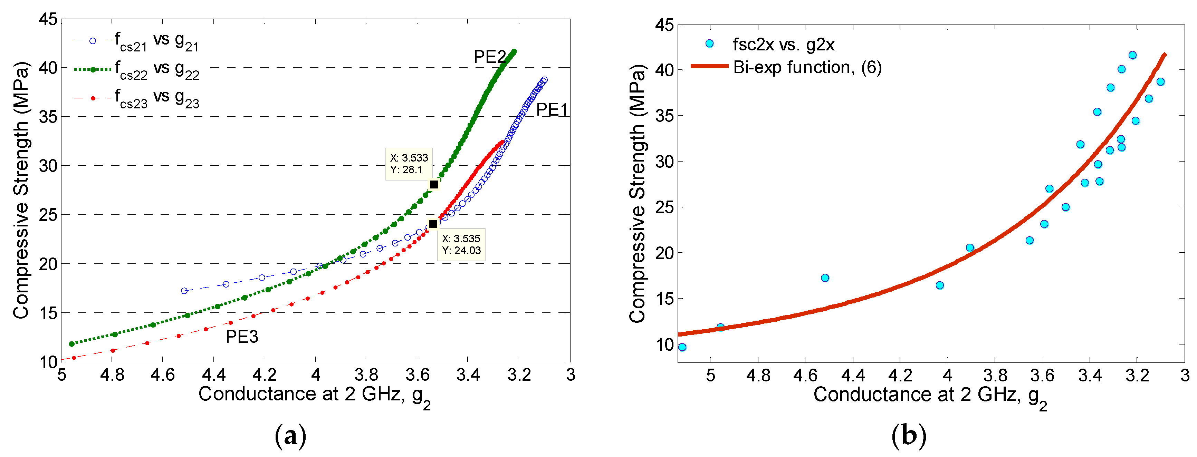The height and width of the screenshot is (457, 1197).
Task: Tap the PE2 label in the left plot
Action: click(x=489, y=57)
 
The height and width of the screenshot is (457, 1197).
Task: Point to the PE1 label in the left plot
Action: click(x=552, y=110)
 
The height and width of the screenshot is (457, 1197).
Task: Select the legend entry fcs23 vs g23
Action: click(x=156, y=98)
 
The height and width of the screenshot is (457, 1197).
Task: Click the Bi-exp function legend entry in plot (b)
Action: click(x=807, y=67)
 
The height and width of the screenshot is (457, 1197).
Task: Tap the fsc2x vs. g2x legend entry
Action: click(x=783, y=45)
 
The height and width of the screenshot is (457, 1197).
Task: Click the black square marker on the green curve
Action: click(x=433, y=184)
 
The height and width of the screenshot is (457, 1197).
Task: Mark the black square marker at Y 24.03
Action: click(x=433, y=224)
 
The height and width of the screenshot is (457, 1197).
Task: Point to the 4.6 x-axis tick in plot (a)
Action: click(x=163, y=374)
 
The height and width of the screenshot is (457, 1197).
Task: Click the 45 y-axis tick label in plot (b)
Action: click(x=664, y=25)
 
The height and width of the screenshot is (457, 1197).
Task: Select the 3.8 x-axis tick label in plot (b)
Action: click(x=995, y=375)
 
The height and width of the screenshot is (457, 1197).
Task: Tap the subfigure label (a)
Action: click(x=290, y=437)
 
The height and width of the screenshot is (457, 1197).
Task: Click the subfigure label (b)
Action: click(x=908, y=437)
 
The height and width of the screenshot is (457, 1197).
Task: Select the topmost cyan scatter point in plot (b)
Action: click(x=1132, y=55)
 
